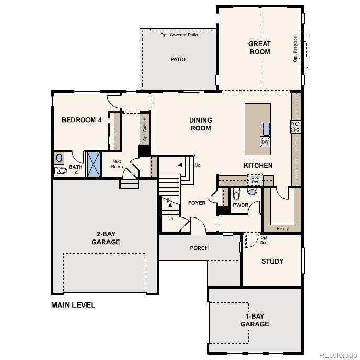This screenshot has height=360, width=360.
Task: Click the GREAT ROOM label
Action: tap(259, 48)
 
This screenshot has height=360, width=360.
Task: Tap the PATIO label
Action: tap(178, 60)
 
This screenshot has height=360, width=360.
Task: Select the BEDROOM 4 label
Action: tap(82, 120)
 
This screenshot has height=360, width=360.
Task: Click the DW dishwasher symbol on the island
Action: tap(265, 142)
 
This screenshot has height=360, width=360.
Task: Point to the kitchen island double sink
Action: tap(266, 128)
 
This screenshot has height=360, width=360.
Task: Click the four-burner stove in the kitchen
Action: tap(296, 126)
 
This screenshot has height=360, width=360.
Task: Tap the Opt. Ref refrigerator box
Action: tap(255, 180)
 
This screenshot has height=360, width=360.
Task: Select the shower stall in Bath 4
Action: tap(93, 165)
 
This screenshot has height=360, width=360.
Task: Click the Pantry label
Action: tap(282, 228)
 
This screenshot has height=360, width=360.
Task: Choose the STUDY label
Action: tap(272, 261)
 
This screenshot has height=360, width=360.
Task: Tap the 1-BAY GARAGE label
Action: tap(255, 320)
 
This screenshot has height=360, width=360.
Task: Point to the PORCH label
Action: tap(199, 248)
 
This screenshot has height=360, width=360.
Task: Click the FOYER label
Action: tap(197, 203)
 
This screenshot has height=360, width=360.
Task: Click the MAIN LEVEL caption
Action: tap(73, 305)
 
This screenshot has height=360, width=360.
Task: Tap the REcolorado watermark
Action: tap(337, 353)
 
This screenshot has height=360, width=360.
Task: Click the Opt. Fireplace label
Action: tap(296, 49)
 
